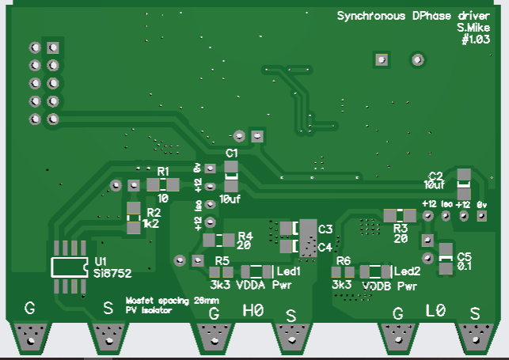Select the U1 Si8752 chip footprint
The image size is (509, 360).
[68, 267]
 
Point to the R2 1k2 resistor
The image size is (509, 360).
[134, 218]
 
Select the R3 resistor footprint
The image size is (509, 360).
[400, 215]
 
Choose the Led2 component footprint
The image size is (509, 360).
[375, 271]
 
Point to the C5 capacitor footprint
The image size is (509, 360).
[446, 258]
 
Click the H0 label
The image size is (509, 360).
[253, 310]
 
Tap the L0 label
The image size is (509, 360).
[436, 310]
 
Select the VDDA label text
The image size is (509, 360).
[250, 283]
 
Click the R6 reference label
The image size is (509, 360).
[343, 260]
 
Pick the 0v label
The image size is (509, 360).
[481, 204]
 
